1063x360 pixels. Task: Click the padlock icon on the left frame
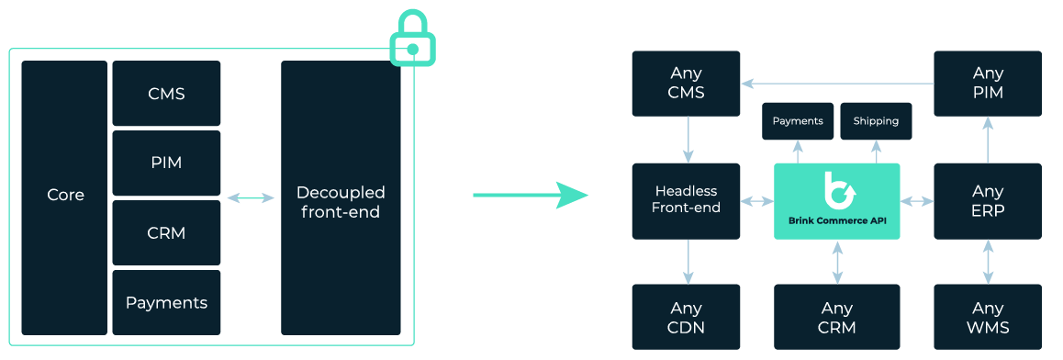coord(412,41)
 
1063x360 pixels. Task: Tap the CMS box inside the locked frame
coord(166,94)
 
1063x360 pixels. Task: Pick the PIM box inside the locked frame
coord(166,163)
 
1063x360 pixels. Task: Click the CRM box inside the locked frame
coord(166,232)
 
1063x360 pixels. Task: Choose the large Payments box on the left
coord(166,302)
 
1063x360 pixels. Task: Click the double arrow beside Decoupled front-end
coord(251,197)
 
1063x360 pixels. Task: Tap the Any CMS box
coord(686,83)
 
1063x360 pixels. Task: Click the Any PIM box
coord(988,83)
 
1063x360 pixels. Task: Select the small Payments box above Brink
coord(798,121)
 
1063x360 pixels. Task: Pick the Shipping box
coord(876,121)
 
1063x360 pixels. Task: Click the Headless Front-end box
coord(686,200)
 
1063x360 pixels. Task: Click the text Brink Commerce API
coord(837,220)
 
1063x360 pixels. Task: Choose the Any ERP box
coord(988,200)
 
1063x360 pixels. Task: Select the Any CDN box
coord(686,317)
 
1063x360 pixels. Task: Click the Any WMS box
coord(988,317)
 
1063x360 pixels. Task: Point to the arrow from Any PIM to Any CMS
coord(837,84)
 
